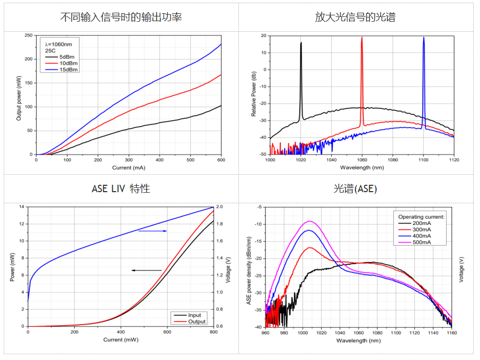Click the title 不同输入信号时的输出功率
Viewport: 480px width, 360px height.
pos(121,17)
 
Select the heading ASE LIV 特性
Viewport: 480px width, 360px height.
pos(121,188)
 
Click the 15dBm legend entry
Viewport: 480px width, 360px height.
pos(68,69)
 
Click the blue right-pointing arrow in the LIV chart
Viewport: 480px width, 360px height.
pos(153,231)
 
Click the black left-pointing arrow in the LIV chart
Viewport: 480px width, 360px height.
pos(146,271)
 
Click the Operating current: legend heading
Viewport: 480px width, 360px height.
pos(422,217)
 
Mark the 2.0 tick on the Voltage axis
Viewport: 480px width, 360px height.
pos(219,206)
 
